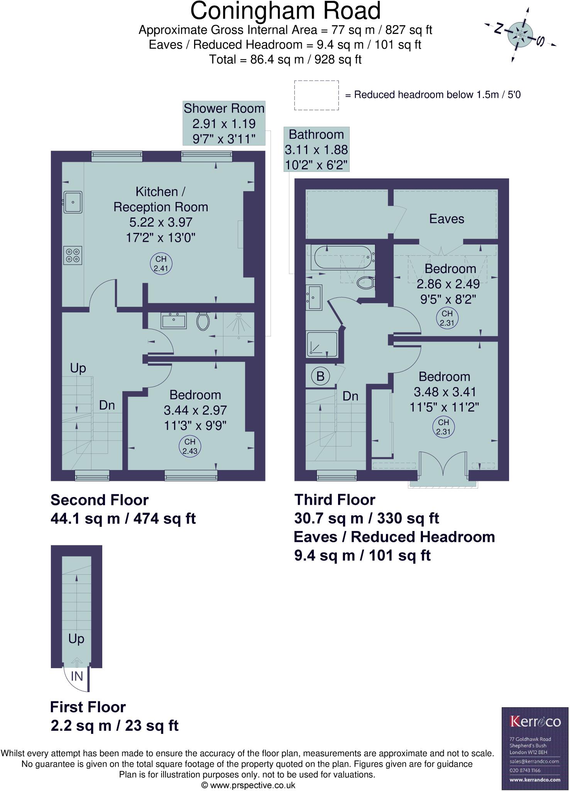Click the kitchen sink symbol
click(73, 202)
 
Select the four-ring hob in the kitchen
click(73, 256)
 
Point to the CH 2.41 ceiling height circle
click(161, 264)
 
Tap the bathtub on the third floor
click(343, 258)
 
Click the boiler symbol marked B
click(320, 376)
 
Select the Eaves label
click(447, 219)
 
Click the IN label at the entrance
click(77, 676)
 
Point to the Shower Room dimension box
click(224, 124)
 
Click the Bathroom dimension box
click(316, 149)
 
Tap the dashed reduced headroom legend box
click(316, 95)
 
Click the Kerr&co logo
click(535, 721)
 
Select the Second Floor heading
click(100, 500)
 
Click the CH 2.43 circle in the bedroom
click(190, 446)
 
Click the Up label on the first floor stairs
click(76, 638)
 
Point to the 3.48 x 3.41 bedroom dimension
click(445, 392)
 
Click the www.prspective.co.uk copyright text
click(249, 785)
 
